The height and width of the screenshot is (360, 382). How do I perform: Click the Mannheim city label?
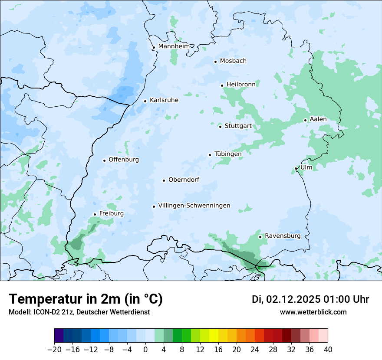[174, 46]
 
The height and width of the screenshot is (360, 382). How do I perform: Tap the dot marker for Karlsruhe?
[145, 101]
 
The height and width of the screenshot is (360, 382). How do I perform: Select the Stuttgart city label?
[238, 126]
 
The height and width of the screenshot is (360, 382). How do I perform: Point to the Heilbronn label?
[241, 84]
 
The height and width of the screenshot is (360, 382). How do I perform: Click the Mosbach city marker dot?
[215, 62]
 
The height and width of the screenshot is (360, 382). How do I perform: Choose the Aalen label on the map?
[318, 119]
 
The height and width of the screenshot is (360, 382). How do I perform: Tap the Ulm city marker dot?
[296, 168]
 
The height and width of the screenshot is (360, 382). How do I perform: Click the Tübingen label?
[228, 154]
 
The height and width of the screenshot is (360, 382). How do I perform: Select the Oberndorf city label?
[184, 180]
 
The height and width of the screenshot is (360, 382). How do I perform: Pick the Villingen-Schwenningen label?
[194, 206]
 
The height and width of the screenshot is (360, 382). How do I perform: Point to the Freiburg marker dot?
[95, 214]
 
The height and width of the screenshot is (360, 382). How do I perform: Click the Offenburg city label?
[124, 160]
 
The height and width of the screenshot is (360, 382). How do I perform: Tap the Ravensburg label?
[283, 236]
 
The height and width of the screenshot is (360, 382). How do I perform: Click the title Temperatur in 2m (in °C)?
[86, 299]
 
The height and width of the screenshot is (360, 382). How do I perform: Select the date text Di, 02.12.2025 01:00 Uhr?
[310, 299]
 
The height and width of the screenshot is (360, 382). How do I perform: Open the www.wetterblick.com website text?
[313, 312]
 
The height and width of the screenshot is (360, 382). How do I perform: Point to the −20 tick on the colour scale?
[55, 349]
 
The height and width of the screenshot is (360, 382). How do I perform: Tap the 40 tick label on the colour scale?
[328, 349]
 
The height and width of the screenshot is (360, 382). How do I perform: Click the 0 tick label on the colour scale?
[146, 349]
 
